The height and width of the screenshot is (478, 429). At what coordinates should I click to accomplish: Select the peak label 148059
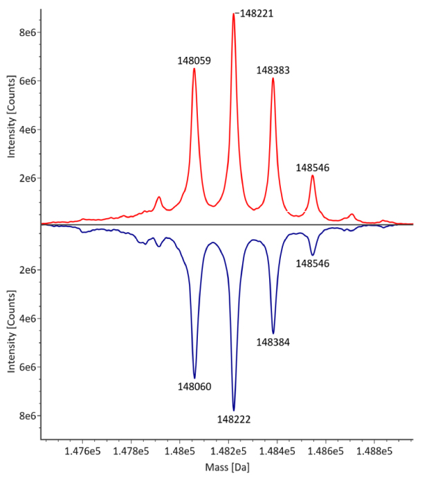tap(194, 60)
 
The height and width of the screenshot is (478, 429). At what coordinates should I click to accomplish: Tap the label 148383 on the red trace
tap(273, 70)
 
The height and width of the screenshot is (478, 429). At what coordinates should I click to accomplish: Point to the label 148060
tap(194, 387)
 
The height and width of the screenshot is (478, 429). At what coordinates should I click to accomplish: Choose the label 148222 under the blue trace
tap(234, 419)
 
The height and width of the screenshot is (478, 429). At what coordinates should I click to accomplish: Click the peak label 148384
tap(273, 342)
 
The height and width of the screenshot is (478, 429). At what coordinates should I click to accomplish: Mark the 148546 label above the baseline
tap(313, 167)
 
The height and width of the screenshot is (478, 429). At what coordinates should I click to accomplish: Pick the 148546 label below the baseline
tap(313, 263)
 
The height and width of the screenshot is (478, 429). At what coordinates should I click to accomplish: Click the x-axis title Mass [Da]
tap(227, 467)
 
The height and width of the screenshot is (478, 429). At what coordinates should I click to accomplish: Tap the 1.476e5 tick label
tap(83, 451)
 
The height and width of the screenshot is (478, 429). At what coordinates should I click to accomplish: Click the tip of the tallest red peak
tap(234, 14)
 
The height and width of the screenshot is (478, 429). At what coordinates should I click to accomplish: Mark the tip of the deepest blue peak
tap(234, 411)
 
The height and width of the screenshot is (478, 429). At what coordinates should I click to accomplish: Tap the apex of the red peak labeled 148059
tap(194, 68)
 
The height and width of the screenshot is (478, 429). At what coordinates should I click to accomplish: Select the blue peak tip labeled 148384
tap(273, 333)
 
